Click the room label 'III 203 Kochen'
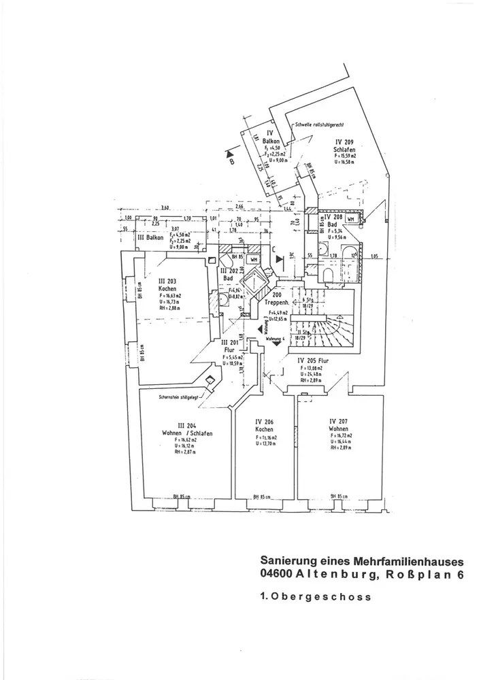[168, 284]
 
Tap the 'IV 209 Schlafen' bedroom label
[342, 146]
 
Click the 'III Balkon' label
[150, 239]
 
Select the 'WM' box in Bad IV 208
[350, 220]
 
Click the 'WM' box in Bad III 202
[252, 259]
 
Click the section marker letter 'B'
[232, 163]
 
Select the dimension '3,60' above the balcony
[164, 208]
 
